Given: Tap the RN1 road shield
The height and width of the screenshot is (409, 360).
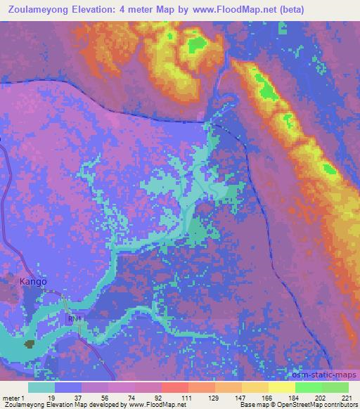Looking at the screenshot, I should point(75,318).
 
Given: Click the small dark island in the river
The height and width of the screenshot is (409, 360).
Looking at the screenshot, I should point(30,344).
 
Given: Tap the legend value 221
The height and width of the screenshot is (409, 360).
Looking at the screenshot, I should point(346,398).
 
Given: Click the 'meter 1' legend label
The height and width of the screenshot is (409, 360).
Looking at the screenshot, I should point(15,398).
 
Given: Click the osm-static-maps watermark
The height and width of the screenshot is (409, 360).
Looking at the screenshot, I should point(327,375).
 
